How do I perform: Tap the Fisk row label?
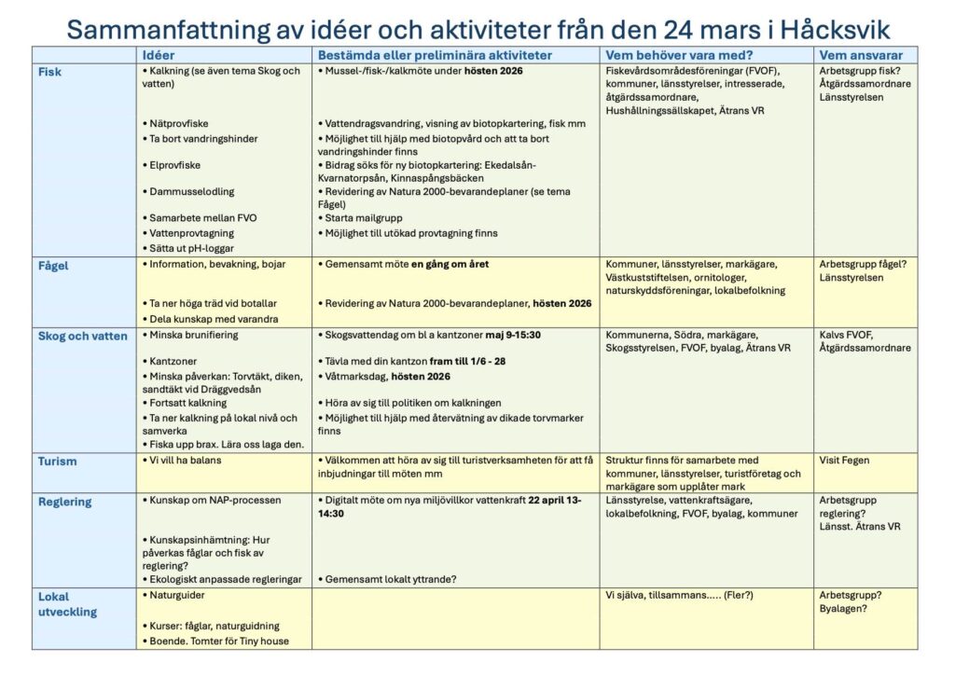[x=49, y=72]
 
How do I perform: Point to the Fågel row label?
[x=53, y=266]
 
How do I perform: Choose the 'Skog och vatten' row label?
[x=83, y=337]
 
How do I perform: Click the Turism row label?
[x=58, y=462]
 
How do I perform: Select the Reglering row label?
[x=65, y=502]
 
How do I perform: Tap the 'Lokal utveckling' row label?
[x=67, y=604]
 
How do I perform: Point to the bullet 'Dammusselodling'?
[x=190, y=191]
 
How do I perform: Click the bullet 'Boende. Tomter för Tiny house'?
[x=215, y=642]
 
